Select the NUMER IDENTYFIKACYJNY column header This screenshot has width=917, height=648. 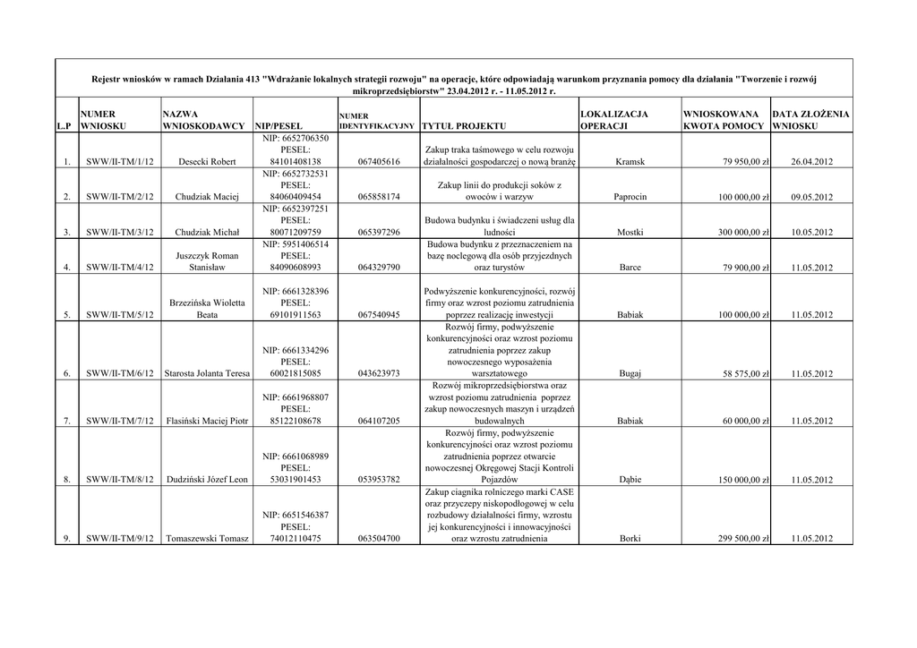[376, 121]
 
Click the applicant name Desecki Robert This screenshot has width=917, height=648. [207, 162]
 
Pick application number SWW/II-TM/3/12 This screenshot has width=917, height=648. [120, 233]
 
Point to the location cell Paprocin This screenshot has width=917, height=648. [630, 197]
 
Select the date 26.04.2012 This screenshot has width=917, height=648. [812, 162]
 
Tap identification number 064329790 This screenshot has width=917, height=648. [378, 268]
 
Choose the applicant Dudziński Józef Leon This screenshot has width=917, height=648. [207, 480]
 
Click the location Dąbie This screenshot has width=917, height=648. [630, 480]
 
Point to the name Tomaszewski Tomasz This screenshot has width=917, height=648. [207, 539]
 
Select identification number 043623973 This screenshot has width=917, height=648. [378, 374]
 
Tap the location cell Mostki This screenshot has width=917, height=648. [630, 233]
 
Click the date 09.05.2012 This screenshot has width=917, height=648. [812, 197]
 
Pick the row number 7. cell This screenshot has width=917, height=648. [66, 421]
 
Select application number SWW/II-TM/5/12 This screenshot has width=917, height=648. [120, 315]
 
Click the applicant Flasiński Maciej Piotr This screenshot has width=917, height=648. [207, 421]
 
